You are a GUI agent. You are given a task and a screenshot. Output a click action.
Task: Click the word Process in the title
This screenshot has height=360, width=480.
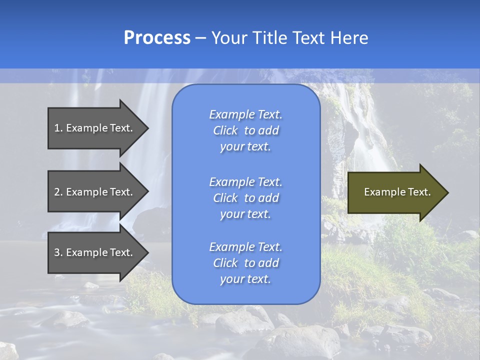157,38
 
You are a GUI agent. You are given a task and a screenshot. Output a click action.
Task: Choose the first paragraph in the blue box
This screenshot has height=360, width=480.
245,130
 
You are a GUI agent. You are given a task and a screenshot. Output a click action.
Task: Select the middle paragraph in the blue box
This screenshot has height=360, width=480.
245,198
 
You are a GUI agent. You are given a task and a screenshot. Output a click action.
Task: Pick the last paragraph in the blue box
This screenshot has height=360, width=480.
245,263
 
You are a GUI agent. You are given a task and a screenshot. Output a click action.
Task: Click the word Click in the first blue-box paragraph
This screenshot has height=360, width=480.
225,130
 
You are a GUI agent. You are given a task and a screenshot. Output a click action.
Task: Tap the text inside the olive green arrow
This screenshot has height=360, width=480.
397,192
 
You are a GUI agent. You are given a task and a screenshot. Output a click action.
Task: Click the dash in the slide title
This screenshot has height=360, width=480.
200,38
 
